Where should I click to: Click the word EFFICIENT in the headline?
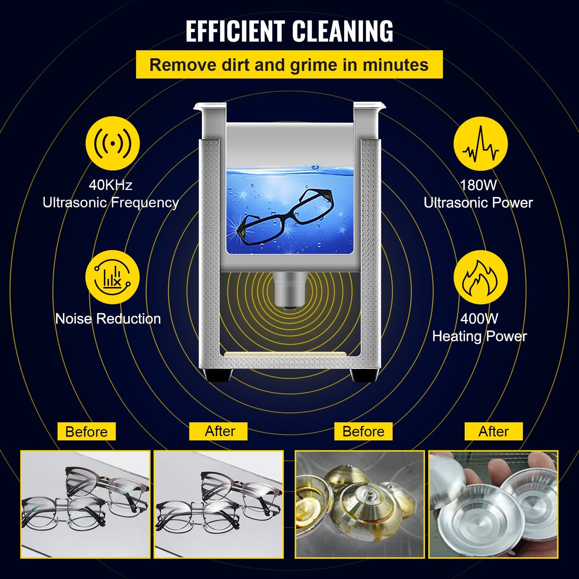click(x=236, y=31)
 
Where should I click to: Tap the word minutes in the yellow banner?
click(x=395, y=65)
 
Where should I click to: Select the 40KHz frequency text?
click(x=111, y=185)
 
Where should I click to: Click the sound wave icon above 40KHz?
click(x=113, y=143)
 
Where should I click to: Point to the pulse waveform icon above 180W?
click(x=480, y=144)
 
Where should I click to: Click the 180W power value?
click(x=478, y=185)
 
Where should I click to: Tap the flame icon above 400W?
click(x=480, y=277)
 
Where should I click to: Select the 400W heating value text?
click(x=479, y=319)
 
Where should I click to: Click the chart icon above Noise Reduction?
click(x=113, y=277)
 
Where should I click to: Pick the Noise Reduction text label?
click(x=108, y=319)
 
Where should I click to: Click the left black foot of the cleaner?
click(x=218, y=375)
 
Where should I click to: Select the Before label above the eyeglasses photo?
click(x=87, y=432)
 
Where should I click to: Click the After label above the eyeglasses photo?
click(x=220, y=431)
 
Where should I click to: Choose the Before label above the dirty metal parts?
click(x=363, y=432)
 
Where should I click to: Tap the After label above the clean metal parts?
click(x=494, y=432)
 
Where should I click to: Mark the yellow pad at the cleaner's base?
click(x=285, y=355)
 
